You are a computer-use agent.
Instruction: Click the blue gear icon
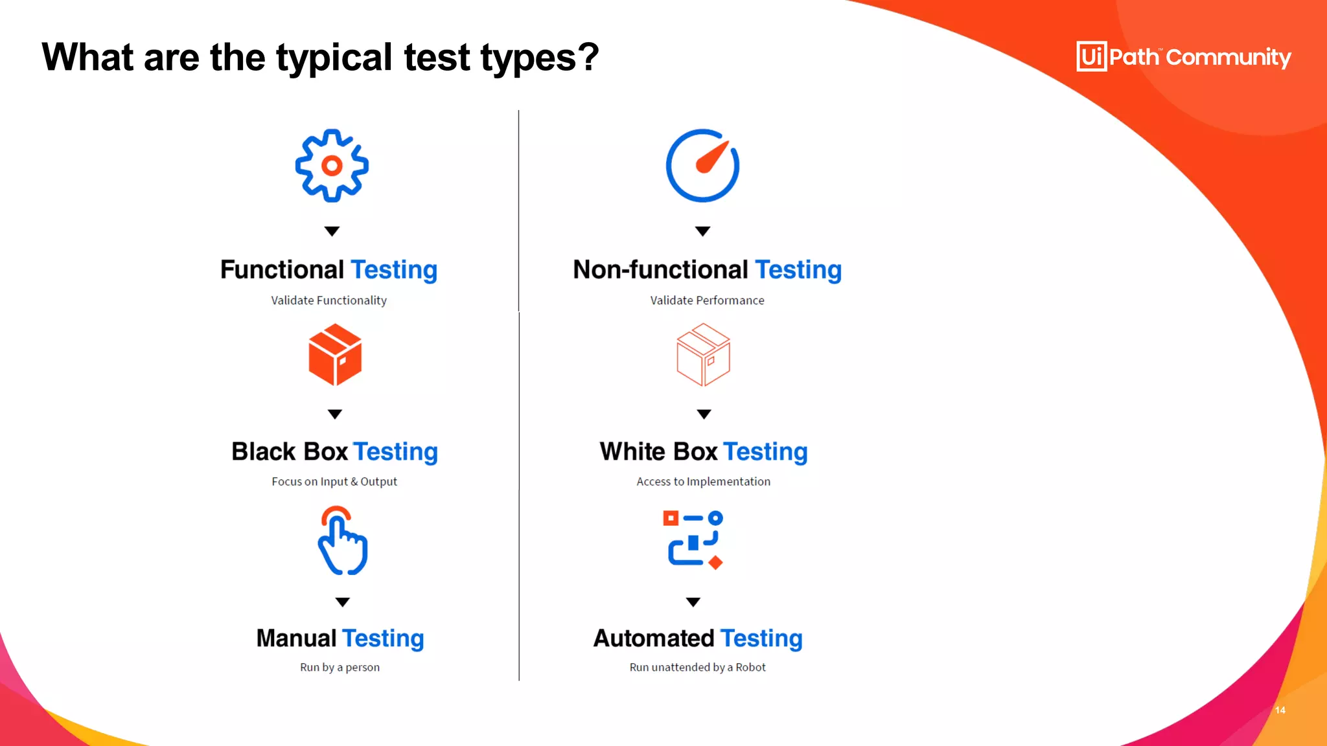[332, 166]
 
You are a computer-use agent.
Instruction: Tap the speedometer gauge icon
[702, 166]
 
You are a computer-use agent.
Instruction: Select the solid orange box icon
[335, 355]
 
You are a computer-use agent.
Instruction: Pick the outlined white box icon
[703, 355]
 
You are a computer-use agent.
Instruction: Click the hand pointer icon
[343, 541]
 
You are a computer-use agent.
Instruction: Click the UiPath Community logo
[1183, 57]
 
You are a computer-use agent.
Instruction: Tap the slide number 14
[1280, 710]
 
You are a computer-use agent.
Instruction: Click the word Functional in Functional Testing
[282, 270]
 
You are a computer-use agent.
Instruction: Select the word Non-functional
[660, 270]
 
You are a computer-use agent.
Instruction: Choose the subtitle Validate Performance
[707, 300]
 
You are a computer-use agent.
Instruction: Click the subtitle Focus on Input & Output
[334, 482]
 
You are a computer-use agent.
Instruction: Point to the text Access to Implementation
[703, 482]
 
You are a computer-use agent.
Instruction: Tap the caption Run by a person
[340, 668]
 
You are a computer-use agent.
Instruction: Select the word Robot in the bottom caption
[750, 668]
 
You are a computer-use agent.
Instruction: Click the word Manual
[296, 639]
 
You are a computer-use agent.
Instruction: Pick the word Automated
[653, 639]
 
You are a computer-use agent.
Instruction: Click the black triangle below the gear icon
[332, 231]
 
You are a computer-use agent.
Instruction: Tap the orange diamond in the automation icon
[715, 563]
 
